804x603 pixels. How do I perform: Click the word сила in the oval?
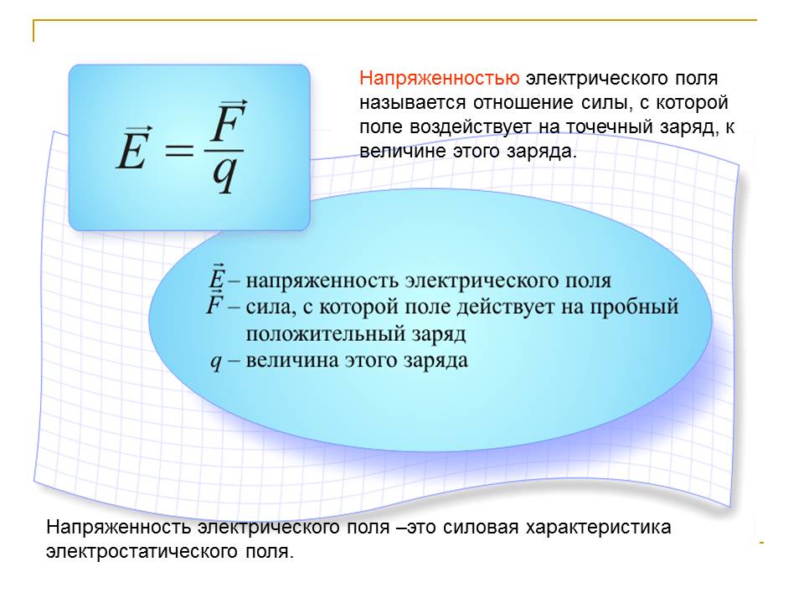pyautogui.click(x=268, y=307)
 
